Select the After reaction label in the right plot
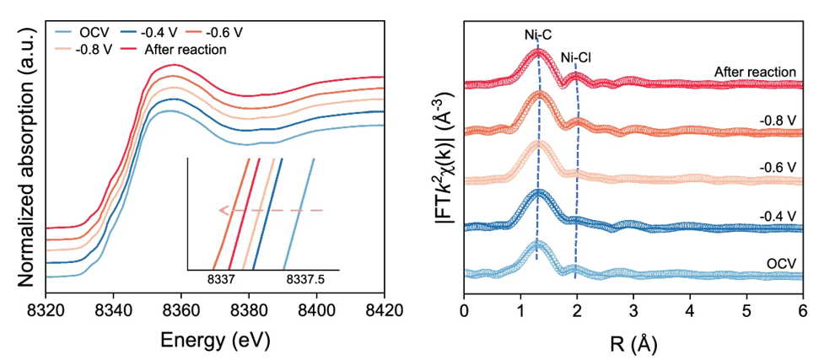point(755,73)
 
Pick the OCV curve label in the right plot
point(780,265)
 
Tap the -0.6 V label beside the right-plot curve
point(778,169)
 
